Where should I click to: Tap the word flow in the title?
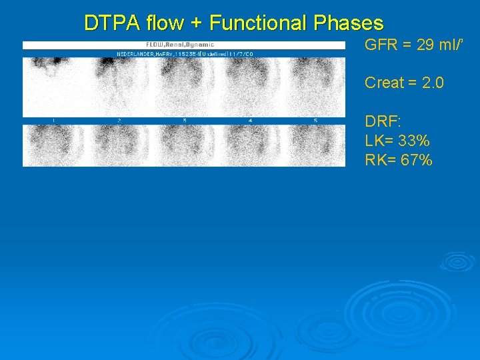(163, 23)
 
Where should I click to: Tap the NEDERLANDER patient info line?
(185, 53)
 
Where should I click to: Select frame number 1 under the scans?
(53, 121)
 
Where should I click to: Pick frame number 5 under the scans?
(315, 121)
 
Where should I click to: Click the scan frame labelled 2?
(119, 87)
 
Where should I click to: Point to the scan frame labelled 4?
(250, 87)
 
